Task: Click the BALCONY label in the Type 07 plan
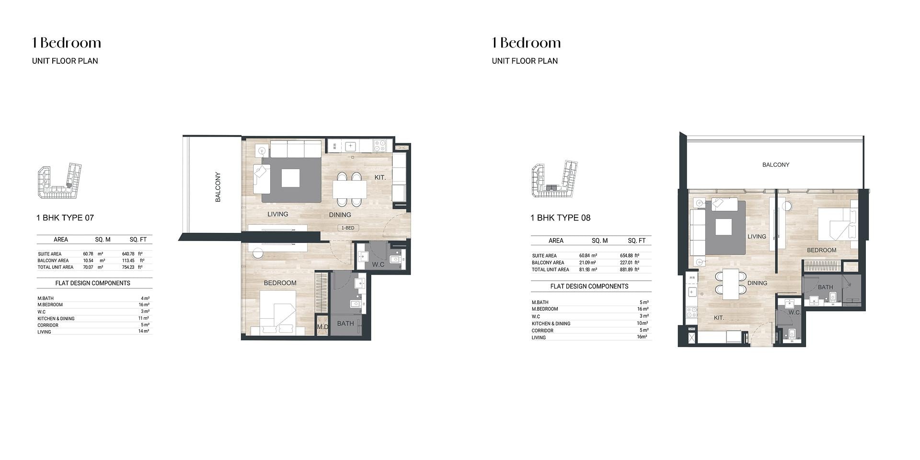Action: (x=218, y=187)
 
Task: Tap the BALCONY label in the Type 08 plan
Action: (x=776, y=165)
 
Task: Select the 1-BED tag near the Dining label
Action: (x=348, y=228)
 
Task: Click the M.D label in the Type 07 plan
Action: (x=322, y=327)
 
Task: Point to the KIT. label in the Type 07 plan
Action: (x=380, y=177)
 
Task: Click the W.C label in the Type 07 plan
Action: (x=378, y=264)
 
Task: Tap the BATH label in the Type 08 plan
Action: (x=825, y=287)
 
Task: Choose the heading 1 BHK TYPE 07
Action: (x=65, y=218)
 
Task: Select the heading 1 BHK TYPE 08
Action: (x=561, y=218)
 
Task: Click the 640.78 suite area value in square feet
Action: (x=128, y=254)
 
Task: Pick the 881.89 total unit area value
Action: (x=627, y=270)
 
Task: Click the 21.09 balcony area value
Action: (x=585, y=263)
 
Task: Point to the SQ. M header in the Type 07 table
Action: (x=103, y=240)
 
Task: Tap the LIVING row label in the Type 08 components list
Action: (x=539, y=338)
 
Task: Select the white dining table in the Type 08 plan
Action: (x=731, y=284)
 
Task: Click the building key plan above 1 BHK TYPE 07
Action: (x=59, y=181)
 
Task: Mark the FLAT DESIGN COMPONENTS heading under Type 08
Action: (x=589, y=287)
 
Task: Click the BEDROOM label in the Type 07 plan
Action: (x=280, y=283)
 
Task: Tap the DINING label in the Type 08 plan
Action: (x=757, y=283)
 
